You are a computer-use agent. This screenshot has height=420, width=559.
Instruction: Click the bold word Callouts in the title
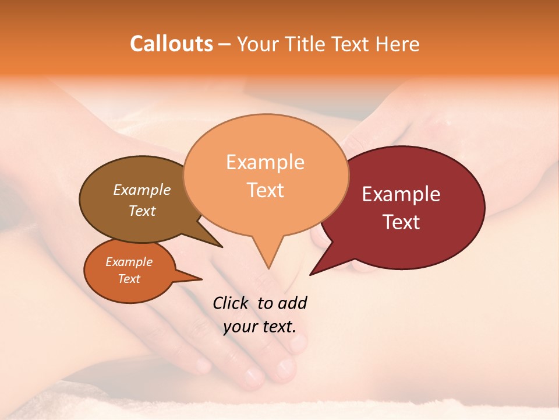(172, 44)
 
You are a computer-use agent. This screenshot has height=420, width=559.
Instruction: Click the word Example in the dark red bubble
(401, 194)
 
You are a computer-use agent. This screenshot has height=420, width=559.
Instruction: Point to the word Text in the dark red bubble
(401, 222)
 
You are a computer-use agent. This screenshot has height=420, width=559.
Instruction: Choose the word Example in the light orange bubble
(265, 162)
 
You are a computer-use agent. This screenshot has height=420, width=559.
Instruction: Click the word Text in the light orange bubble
(265, 190)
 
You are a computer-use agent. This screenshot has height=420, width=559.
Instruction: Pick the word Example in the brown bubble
(142, 190)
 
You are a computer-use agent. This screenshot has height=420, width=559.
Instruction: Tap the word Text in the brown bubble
(142, 211)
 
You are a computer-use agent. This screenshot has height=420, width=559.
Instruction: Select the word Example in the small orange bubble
(129, 262)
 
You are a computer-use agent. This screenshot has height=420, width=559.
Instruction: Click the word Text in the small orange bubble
(129, 279)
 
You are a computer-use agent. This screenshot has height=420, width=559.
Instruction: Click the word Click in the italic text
(231, 303)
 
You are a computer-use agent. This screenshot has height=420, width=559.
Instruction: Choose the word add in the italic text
(292, 303)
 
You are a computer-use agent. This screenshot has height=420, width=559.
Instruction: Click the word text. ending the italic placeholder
(278, 327)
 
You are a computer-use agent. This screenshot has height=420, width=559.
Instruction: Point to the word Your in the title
(254, 44)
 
